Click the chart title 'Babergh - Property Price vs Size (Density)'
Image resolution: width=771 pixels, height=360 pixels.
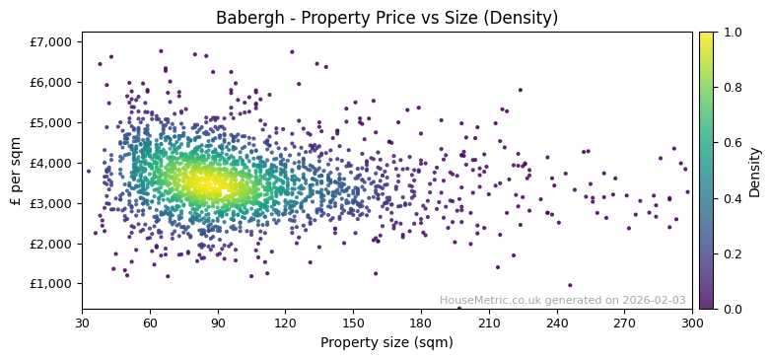[x=386, y=18]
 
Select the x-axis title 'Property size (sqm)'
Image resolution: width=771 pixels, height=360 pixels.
[x=386, y=343]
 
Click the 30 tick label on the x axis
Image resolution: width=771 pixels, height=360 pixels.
[x=82, y=323]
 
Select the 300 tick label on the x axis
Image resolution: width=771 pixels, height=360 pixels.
[x=692, y=323]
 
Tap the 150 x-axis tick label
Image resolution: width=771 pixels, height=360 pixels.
[x=353, y=323]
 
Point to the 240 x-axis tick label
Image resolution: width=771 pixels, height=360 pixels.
[x=557, y=323]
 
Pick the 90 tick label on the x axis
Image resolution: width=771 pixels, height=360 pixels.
[x=218, y=323]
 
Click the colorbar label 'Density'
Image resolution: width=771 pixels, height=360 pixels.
[x=754, y=171]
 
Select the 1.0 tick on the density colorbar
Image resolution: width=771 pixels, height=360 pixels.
[x=731, y=33]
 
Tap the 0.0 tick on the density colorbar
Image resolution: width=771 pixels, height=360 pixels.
[x=731, y=309]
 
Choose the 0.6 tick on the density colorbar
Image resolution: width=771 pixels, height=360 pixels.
[x=731, y=143]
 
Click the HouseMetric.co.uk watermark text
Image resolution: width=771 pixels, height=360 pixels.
[x=562, y=300]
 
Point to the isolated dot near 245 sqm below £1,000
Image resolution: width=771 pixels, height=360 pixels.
[x=570, y=285]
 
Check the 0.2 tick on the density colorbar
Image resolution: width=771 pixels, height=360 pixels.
[x=731, y=253]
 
